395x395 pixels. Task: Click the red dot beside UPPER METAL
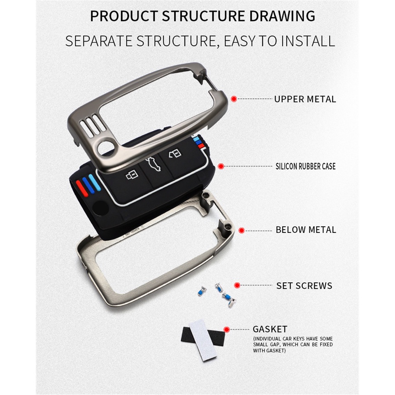pyautogui.click(x=234, y=99)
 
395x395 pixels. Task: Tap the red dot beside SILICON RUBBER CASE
pyautogui.click(x=221, y=166)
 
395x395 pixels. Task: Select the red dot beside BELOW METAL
pyautogui.click(x=242, y=230)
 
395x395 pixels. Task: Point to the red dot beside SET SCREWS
pyautogui.click(x=237, y=285)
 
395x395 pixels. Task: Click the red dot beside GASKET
pyautogui.click(x=226, y=329)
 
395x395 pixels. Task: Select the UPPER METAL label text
pyautogui.click(x=305, y=99)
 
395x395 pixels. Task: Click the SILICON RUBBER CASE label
pyautogui.click(x=305, y=166)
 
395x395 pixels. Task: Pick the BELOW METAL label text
pyautogui.click(x=306, y=230)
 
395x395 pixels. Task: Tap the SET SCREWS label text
pyautogui.click(x=304, y=286)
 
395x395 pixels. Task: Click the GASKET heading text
pyautogui.click(x=270, y=329)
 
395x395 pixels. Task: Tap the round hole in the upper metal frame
pyautogui.click(x=107, y=146)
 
